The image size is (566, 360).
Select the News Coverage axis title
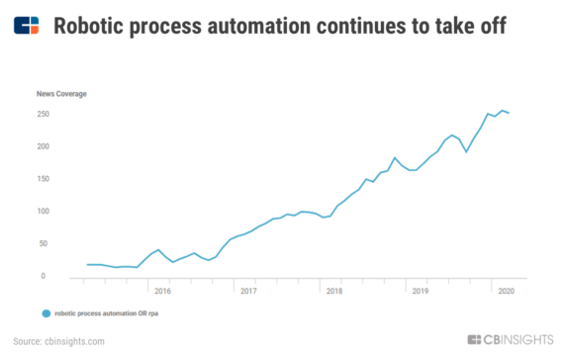pyautogui.click(x=61, y=94)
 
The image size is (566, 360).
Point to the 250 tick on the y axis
pyautogui.click(x=45, y=114)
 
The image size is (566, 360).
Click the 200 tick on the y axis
pyautogui.click(x=45, y=146)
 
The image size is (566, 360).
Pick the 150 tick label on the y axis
pyautogui.click(x=45, y=179)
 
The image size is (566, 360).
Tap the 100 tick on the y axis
pyautogui.click(x=45, y=212)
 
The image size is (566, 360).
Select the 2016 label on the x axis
pyautogui.click(x=163, y=291)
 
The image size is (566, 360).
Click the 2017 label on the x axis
pyautogui.click(x=248, y=291)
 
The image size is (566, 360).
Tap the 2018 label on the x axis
pyautogui.click(x=333, y=291)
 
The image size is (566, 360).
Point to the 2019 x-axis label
pyautogui.click(x=420, y=291)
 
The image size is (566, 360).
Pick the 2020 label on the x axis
pyautogui.click(x=505, y=291)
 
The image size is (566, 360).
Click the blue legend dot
pyautogui.click(x=46, y=313)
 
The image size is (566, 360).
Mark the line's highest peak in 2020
pyautogui.click(x=502, y=111)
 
